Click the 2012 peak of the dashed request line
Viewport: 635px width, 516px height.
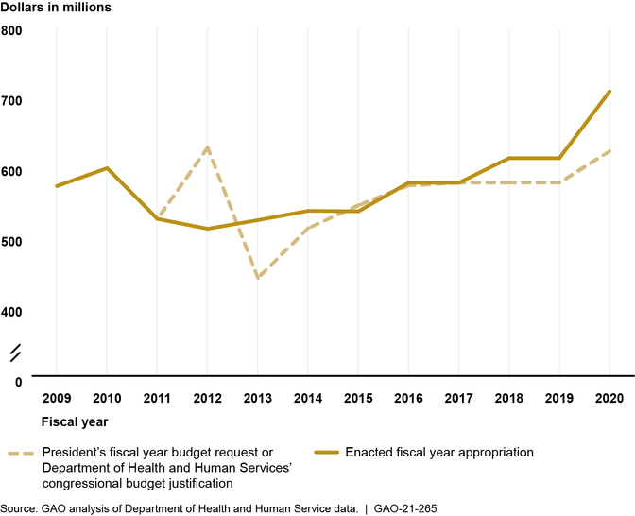207,147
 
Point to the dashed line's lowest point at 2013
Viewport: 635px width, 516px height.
257,279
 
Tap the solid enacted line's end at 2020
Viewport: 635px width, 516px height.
609,92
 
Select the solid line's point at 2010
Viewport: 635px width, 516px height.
107,168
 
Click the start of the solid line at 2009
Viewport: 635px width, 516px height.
57,186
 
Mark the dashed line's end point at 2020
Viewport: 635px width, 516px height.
609,151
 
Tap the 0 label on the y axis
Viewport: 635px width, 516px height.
18,382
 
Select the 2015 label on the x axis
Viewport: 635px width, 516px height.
358,399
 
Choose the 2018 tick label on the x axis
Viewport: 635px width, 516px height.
509,399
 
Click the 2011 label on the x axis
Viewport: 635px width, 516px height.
157,399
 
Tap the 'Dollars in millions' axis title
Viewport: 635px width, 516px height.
56,8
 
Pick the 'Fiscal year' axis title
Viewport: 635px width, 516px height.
75,421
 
